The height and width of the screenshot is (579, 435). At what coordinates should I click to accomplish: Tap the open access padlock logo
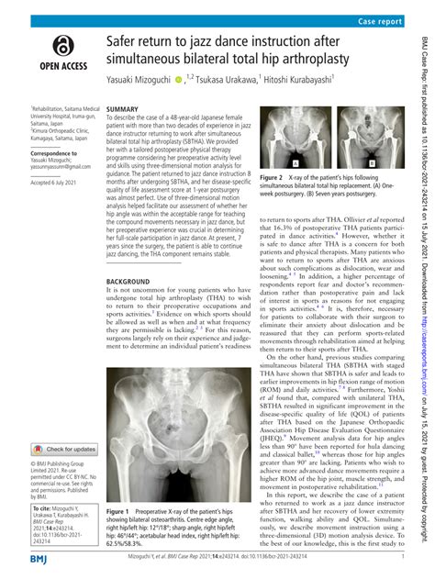pos(61,45)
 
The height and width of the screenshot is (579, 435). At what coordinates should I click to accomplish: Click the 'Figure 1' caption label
pos(120,511)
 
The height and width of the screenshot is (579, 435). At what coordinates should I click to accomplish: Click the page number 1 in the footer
pos(404,558)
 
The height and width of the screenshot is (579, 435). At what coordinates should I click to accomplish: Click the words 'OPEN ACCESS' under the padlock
pos(61,78)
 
